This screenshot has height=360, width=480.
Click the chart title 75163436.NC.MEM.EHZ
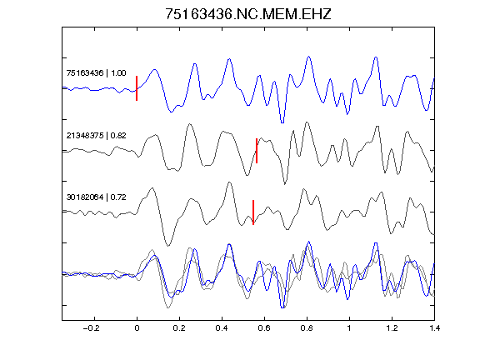(x=248, y=14)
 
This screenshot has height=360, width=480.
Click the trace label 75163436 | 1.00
(x=96, y=72)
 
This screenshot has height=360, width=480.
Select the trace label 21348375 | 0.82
(x=96, y=135)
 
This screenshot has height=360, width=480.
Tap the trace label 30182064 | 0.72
(x=96, y=197)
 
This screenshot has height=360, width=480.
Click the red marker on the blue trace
(x=137, y=88)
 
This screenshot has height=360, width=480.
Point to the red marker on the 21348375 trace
(x=257, y=151)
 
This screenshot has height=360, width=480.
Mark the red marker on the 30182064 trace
(x=253, y=212)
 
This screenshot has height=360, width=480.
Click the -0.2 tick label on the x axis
(x=91, y=328)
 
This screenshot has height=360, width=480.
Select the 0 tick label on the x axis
(x=137, y=328)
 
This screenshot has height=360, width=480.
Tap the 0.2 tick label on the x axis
(x=179, y=328)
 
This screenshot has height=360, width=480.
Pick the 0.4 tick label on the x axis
(x=222, y=328)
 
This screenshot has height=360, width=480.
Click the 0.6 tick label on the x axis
(x=264, y=328)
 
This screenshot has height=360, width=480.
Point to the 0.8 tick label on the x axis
(x=307, y=328)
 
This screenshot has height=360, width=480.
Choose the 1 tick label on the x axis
(x=349, y=328)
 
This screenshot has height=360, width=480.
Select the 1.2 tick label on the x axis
(x=392, y=328)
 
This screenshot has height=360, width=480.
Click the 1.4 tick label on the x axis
(x=434, y=328)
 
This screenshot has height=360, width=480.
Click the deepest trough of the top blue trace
(x=282, y=122)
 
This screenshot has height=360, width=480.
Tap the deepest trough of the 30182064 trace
(x=167, y=246)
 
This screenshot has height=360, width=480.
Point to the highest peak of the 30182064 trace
(x=229, y=182)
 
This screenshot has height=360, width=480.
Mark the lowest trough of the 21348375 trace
(x=285, y=184)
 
